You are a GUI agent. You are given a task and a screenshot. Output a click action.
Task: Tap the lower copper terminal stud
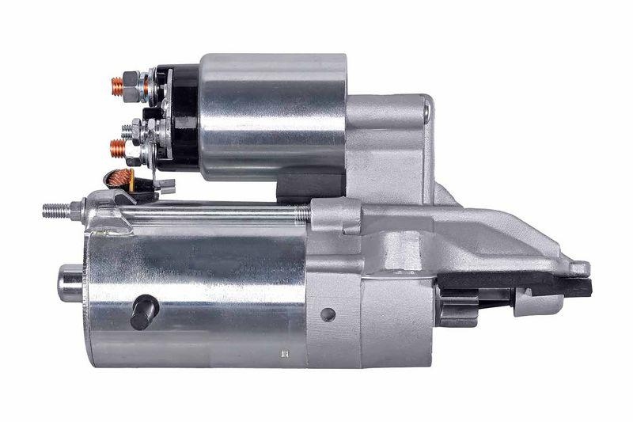click(x=116, y=146)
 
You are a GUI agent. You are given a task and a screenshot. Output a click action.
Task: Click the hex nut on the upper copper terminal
click(x=133, y=82)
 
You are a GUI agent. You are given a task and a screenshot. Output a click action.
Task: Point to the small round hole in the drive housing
click(x=328, y=314)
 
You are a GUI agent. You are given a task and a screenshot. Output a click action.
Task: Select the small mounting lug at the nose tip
click(x=579, y=268)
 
